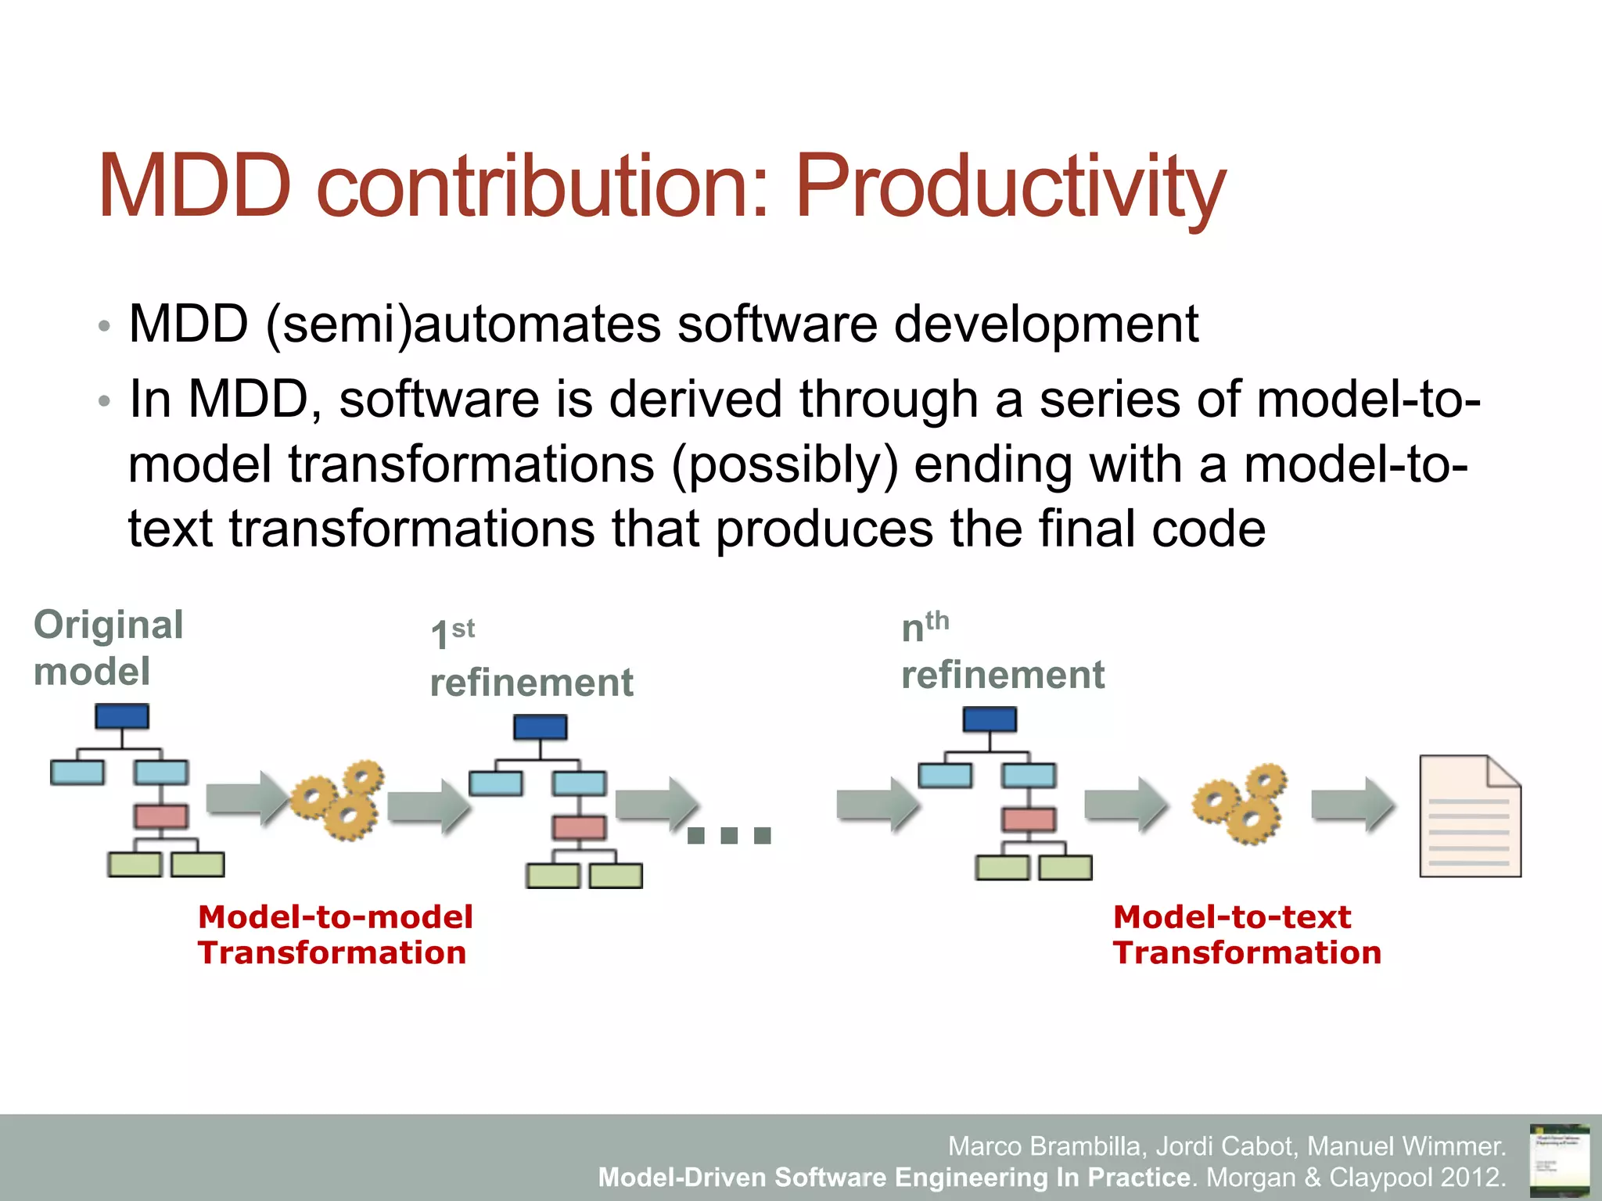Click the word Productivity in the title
(1009, 188)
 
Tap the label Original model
(108, 647)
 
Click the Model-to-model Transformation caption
(335, 934)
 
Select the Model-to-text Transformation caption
(1247, 934)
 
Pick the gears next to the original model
(338, 799)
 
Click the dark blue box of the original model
(122, 716)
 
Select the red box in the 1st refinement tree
(579, 827)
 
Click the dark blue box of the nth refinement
(990, 719)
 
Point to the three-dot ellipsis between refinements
(729, 836)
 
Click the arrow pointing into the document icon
(1352, 804)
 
